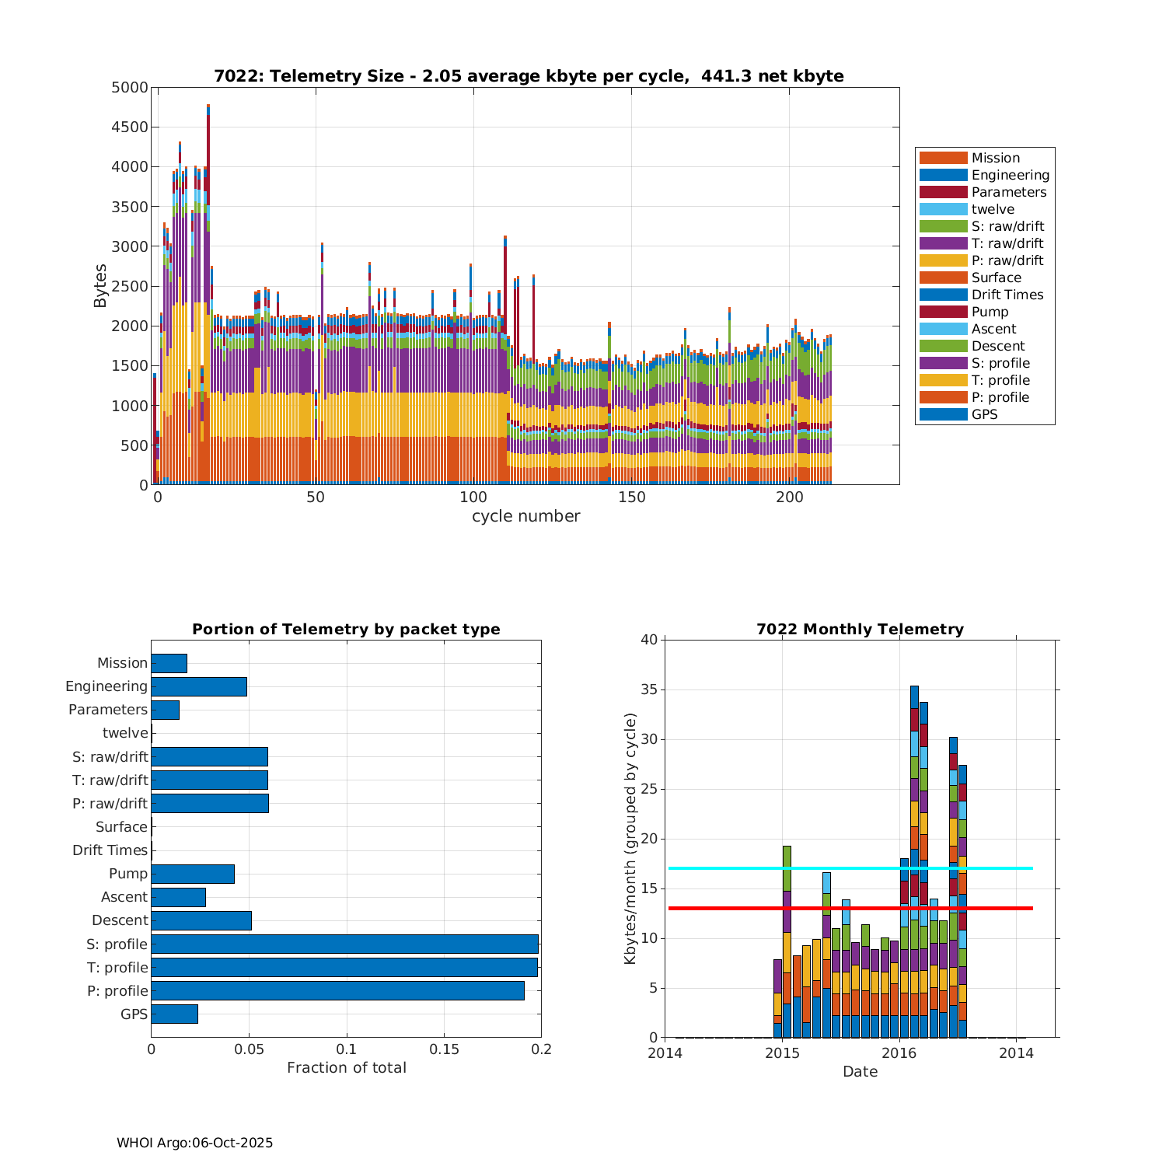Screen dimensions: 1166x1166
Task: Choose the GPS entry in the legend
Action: (x=984, y=414)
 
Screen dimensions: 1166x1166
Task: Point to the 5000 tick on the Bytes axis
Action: (x=130, y=88)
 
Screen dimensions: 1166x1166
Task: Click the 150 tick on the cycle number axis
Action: (x=631, y=497)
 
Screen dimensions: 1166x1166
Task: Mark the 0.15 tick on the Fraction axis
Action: (x=444, y=1049)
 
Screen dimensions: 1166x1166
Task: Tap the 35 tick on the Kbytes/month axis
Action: (x=648, y=689)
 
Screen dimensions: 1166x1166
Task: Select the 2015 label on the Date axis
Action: (x=782, y=1053)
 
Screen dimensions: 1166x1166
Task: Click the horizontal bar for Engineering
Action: (x=199, y=686)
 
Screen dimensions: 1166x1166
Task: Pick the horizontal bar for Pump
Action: (x=193, y=874)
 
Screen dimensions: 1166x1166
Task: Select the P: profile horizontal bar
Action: (x=337, y=990)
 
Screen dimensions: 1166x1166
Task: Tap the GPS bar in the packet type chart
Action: (x=174, y=1014)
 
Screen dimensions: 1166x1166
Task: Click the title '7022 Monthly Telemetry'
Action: (x=860, y=630)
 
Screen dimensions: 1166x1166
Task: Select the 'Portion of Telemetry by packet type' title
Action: (x=346, y=630)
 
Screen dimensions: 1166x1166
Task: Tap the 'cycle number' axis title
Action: (x=525, y=516)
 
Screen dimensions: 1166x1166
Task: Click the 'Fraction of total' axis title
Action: (x=346, y=1068)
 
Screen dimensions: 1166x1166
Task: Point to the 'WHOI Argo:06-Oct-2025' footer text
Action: (x=194, y=1143)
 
